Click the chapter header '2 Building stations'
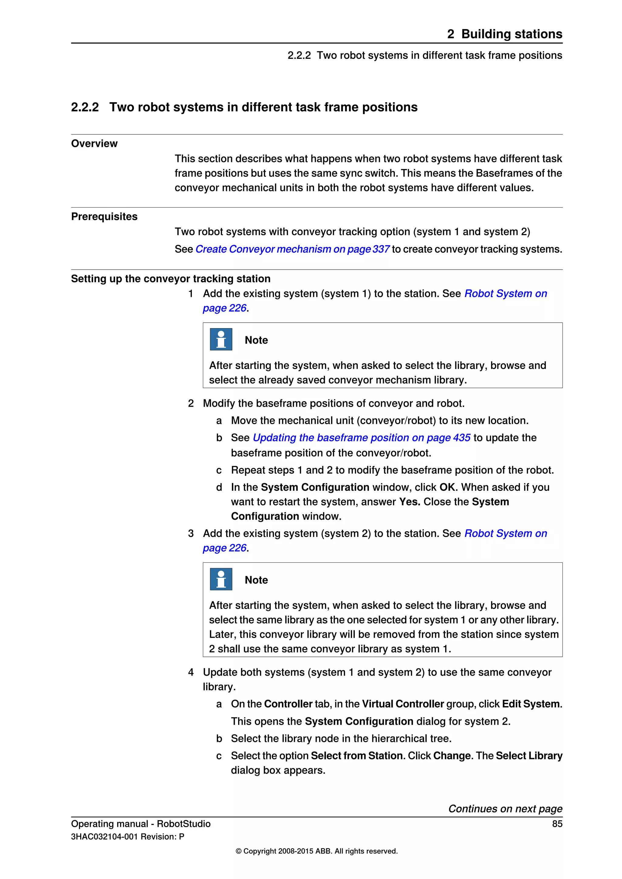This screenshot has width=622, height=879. (x=504, y=34)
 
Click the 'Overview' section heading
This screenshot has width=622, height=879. (x=94, y=144)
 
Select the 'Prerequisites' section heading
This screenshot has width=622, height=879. (x=104, y=217)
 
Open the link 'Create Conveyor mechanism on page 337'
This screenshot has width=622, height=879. (x=292, y=249)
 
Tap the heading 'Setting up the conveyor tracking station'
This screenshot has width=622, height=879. (x=171, y=279)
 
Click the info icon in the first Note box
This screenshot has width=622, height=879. (x=221, y=339)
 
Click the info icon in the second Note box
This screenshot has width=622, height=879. (x=221, y=579)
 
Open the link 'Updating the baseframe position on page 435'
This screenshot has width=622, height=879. (x=361, y=438)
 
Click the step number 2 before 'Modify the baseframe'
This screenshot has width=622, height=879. (x=191, y=403)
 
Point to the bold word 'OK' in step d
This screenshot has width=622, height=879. (x=447, y=487)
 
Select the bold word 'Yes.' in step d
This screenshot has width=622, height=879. (x=409, y=502)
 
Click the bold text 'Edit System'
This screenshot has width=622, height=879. (x=531, y=704)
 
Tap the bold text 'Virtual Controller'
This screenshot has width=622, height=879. (x=403, y=704)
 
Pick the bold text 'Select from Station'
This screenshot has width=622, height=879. (x=357, y=756)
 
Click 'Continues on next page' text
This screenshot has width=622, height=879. (x=505, y=809)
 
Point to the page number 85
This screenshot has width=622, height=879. (x=557, y=824)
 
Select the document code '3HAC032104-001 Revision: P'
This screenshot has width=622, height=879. (x=128, y=837)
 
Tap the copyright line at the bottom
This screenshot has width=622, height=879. (x=316, y=851)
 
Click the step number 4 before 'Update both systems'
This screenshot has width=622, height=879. (x=191, y=672)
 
